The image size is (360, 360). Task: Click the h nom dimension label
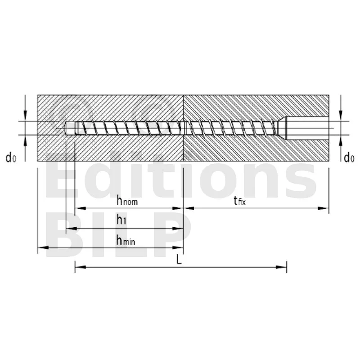coord(127,201)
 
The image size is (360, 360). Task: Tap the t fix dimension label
coord(240,201)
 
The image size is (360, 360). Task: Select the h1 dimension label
coord(121,220)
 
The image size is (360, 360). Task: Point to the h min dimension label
coord(126,241)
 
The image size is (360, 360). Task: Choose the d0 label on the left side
coord(11,158)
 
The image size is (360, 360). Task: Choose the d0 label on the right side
coord(349,158)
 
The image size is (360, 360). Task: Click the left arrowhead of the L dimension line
coord(81,267)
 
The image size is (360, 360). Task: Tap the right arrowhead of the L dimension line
coord(281,267)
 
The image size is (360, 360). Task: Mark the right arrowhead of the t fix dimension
coord(323,208)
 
